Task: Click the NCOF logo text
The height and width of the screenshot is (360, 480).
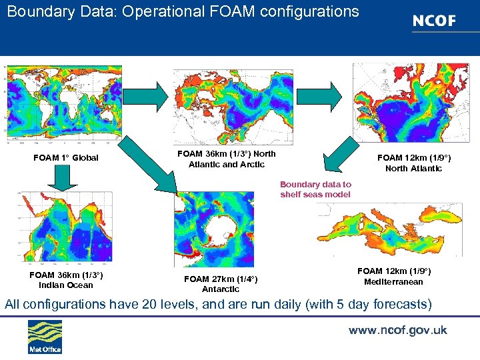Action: (434, 21)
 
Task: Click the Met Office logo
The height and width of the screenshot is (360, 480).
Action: (45, 337)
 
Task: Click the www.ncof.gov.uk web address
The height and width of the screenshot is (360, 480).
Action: (397, 331)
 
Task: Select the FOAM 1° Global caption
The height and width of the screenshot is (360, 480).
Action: (66, 158)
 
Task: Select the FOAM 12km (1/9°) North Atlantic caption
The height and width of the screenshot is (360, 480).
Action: (413, 163)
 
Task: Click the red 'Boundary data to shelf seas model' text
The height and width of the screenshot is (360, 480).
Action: (315, 189)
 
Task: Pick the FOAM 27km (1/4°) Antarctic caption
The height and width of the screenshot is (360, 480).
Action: (221, 284)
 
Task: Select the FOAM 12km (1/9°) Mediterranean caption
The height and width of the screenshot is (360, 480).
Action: (394, 276)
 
